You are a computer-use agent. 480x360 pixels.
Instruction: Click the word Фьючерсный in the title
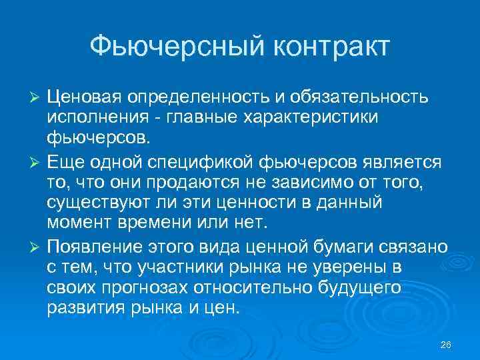click(x=169, y=47)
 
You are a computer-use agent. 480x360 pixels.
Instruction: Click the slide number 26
click(x=446, y=344)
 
